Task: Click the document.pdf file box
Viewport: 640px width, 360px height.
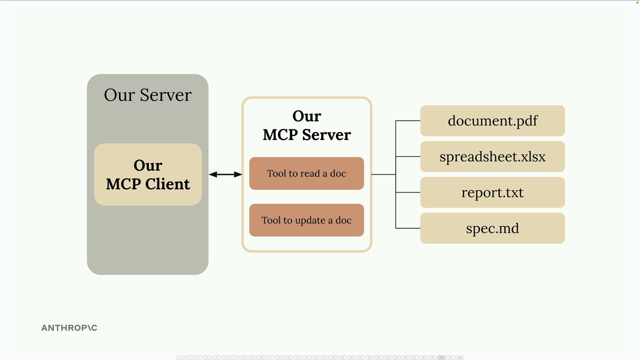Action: coord(492,120)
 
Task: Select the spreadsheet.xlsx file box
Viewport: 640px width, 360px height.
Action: coord(492,156)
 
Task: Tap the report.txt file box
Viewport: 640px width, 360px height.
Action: coord(492,192)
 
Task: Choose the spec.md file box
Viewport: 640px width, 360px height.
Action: coord(492,228)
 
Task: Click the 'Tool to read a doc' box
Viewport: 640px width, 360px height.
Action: coord(306,173)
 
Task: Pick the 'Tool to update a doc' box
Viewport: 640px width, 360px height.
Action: coord(306,220)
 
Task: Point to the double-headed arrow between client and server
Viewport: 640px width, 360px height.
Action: coord(225,174)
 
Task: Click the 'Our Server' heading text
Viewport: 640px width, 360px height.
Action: coord(147,95)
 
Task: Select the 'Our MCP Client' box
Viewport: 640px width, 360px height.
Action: coord(148,174)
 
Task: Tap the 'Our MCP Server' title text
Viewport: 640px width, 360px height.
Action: coord(306,125)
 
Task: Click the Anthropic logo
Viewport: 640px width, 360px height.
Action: coord(69,328)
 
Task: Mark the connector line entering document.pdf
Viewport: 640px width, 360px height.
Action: coord(408,120)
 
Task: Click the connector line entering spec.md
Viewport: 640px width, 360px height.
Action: coord(408,228)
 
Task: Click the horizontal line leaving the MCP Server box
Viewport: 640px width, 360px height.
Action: coord(383,174)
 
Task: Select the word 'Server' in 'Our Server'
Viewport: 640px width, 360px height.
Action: coord(165,95)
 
